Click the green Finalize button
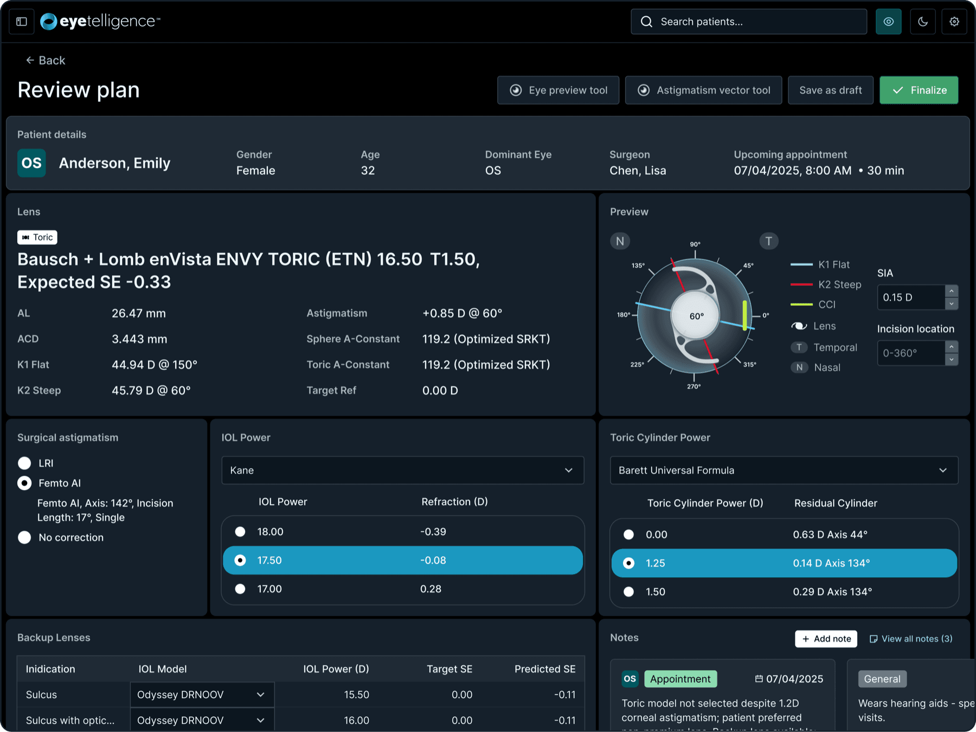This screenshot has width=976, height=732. point(919,90)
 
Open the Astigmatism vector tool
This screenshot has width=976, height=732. point(703,90)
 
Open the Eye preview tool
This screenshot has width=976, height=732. point(558,90)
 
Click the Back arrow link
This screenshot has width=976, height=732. point(46,60)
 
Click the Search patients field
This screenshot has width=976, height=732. point(749,22)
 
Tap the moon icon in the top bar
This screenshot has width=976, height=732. point(923,22)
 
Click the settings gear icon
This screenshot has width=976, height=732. point(954,22)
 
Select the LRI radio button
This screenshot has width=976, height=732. point(24,463)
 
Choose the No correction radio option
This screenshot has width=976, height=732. point(24,537)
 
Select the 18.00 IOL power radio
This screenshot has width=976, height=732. point(240,532)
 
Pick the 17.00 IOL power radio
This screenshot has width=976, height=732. point(240,589)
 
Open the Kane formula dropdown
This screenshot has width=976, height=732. point(402,470)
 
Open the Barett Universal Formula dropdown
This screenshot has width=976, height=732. point(784,470)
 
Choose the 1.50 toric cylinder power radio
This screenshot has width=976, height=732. point(628,591)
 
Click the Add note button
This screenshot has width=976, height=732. point(826,639)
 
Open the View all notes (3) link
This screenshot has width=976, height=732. point(911,639)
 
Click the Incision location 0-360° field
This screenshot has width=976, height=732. point(911,353)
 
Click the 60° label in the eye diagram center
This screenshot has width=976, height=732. point(697,316)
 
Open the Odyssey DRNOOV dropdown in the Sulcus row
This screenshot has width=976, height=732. point(202,695)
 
